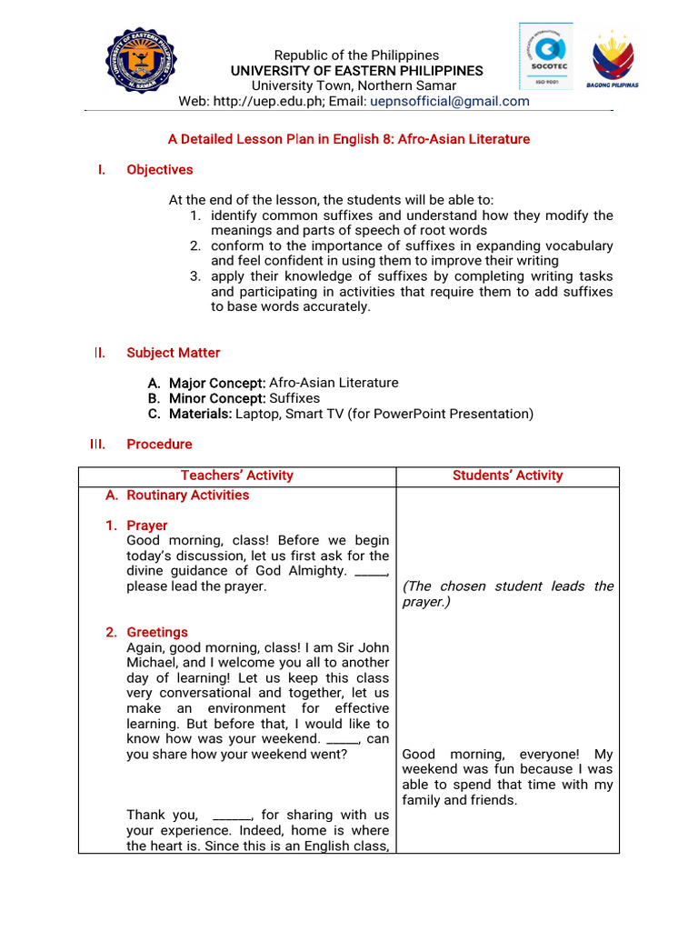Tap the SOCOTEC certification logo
tap(545, 55)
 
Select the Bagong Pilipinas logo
tap(615, 60)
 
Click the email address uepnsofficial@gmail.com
tap(449, 101)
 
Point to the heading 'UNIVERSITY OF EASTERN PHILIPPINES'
tap(356, 71)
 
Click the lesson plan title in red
tap(349, 139)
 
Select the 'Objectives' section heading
tap(159, 169)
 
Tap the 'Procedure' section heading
tap(159, 444)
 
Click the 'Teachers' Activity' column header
tap(236, 475)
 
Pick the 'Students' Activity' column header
tap(507, 475)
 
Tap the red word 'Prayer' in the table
tap(146, 526)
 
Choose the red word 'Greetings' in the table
tap(156, 632)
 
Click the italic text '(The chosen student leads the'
tap(507, 586)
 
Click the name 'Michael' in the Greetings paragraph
tap(151, 663)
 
